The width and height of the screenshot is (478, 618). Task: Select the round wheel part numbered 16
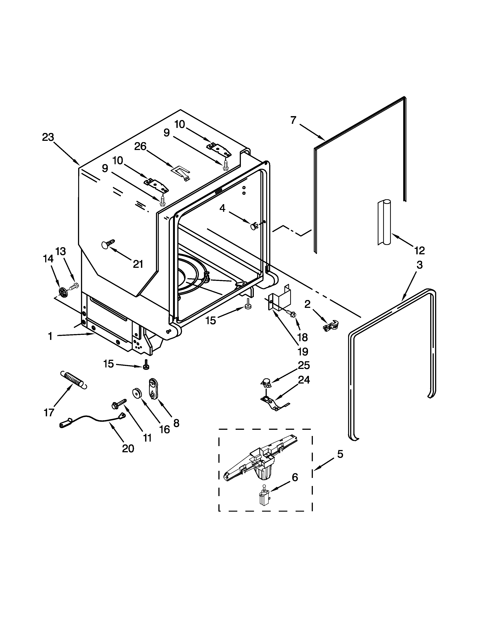click(x=137, y=393)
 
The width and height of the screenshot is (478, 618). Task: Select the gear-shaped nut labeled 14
click(x=63, y=291)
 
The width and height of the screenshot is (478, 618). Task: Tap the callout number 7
click(x=293, y=120)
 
